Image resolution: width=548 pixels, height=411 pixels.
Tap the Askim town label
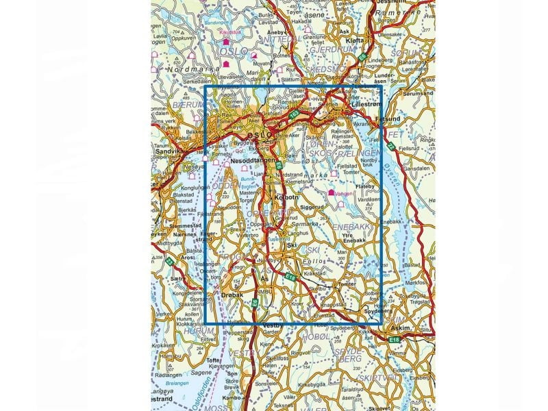[x=402, y=328]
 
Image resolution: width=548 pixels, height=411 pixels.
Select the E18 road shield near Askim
[x=393, y=339]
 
